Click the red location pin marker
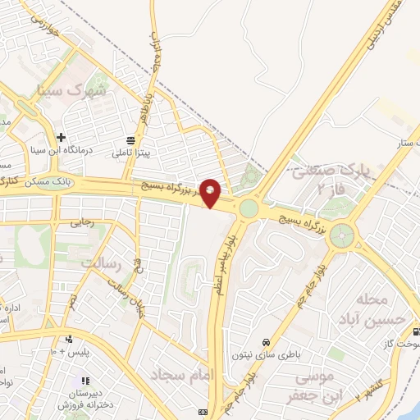[211, 193]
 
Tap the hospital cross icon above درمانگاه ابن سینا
[61, 137]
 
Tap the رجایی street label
[82, 221]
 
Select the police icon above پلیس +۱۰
[69, 338]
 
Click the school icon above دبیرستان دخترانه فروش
[84, 381]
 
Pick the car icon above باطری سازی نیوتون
[266, 341]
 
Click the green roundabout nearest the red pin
[249, 209]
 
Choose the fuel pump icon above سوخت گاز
[418, 332]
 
